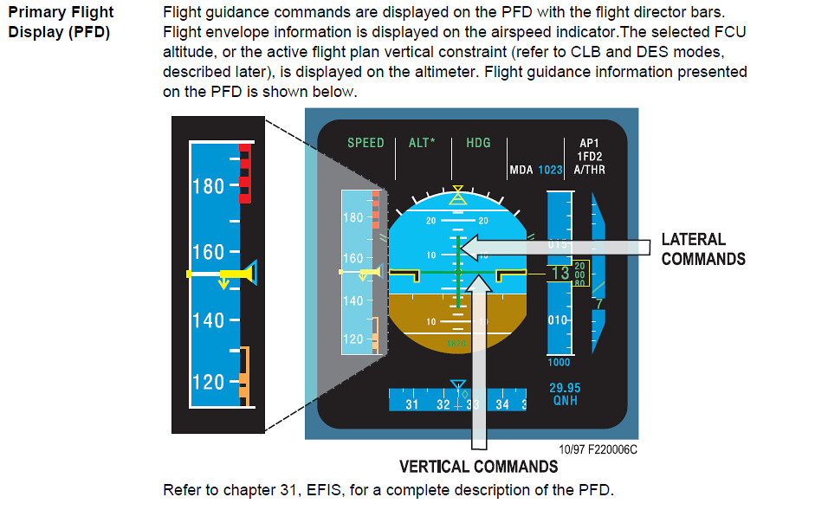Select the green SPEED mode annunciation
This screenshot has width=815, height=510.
[365, 143]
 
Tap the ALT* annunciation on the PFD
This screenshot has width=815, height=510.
[423, 143]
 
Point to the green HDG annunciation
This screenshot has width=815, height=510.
[478, 143]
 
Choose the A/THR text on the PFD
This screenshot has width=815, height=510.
[590, 170]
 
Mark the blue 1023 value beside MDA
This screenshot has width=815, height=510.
[550, 171]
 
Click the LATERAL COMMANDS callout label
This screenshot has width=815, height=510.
[703, 249]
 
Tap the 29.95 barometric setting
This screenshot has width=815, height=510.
[565, 388]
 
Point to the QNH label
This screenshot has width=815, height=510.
[565, 401]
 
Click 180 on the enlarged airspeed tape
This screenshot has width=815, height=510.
[208, 186]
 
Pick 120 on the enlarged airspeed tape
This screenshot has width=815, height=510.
[208, 382]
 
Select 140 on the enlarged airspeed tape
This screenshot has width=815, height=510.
[208, 320]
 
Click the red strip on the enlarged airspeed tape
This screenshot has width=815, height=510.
[245, 173]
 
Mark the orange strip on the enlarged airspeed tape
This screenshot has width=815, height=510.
[245, 377]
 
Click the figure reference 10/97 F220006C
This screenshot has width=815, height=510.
[598, 450]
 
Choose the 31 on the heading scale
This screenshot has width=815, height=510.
[411, 404]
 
